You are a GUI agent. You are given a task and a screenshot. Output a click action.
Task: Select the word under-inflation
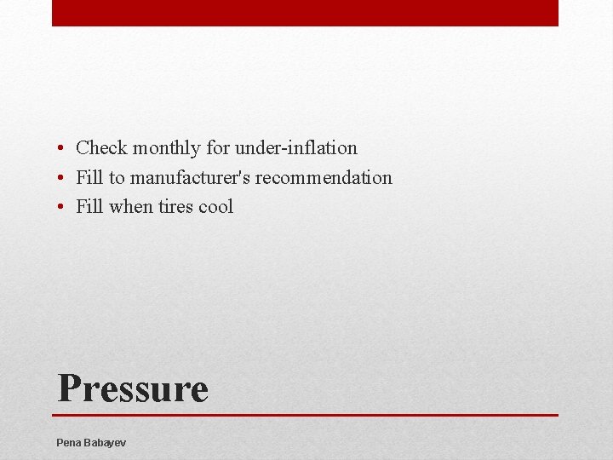[296, 148]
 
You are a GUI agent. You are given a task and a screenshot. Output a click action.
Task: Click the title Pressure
[133, 388]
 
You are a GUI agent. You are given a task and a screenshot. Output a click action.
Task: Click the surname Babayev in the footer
[106, 443]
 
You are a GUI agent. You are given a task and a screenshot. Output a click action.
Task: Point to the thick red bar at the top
[305, 13]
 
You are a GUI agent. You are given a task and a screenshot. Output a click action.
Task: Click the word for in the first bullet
[218, 148]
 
